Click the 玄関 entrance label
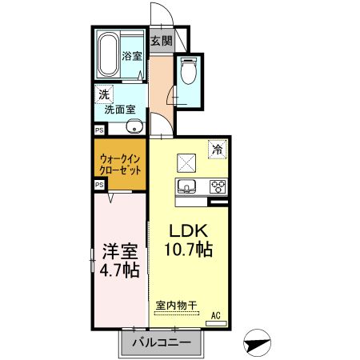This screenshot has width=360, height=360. point(161,41)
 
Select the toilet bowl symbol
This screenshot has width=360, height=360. point(190,73)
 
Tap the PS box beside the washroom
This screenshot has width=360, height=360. point(99,129)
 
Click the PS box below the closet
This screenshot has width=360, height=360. point(99,184)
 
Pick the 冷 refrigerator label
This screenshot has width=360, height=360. point(216,149)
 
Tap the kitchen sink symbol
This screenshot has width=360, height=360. point(187,188)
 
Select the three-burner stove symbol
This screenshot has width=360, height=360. point(216,188)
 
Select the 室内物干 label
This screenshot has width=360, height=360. point(176,303)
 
